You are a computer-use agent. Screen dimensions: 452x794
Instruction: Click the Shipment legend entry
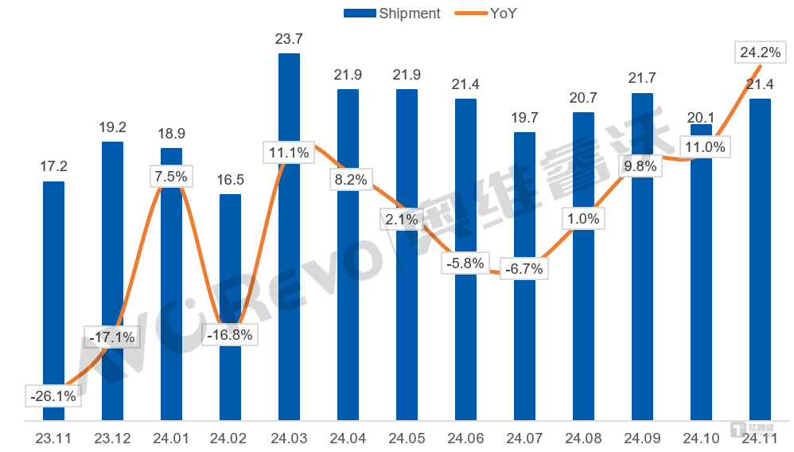tap(391, 13)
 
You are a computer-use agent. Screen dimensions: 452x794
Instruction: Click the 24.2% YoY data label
tap(760, 53)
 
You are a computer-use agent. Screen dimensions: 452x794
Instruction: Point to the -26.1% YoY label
tap(53, 395)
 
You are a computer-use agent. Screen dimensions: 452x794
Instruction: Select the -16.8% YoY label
tap(230, 335)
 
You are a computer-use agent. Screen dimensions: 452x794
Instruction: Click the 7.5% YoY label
tap(171, 176)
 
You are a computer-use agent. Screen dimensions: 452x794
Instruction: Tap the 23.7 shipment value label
tap(289, 38)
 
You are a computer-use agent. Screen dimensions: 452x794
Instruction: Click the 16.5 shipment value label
tap(230, 180)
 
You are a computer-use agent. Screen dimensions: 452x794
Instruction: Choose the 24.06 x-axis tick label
tap(465, 438)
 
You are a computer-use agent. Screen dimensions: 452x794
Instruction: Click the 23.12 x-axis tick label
tap(112, 438)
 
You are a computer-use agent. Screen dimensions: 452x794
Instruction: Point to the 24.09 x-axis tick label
tap(642, 438)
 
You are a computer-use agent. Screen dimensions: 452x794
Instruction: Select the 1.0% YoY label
tap(583, 218)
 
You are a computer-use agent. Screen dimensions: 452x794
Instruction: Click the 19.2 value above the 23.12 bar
tap(112, 127)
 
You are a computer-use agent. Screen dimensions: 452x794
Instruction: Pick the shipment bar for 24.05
tap(407, 255)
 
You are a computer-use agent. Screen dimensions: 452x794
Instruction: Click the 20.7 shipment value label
tap(583, 98)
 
